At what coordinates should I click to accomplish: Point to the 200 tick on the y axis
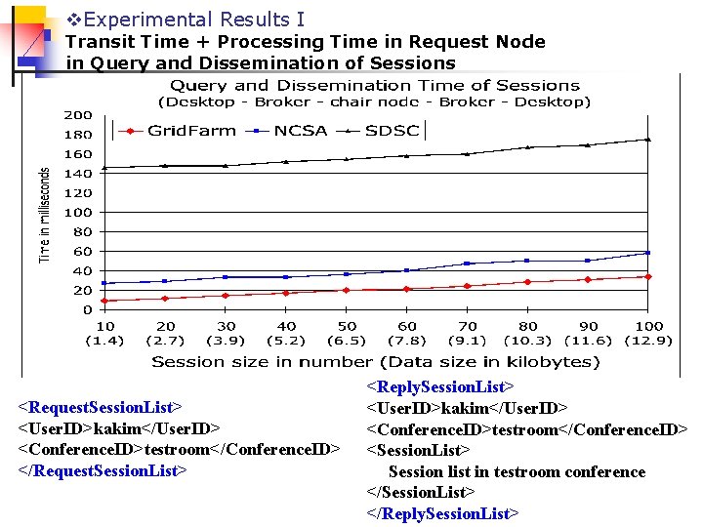[x=79, y=115]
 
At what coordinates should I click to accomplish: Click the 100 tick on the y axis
[x=79, y=213]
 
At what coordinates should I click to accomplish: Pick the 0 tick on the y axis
[x=87, y=310]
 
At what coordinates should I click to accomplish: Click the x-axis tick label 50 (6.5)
[x=347, y=333]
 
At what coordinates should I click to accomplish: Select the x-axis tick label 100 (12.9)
[x=648, y=333]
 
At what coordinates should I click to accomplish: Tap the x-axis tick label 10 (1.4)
[x=104, y=333]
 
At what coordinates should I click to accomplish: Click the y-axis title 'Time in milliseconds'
[x=44, y=214]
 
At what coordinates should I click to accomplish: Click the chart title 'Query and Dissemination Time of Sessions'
[x=375, y=86]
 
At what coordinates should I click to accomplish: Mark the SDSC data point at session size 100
[x=647, y=140]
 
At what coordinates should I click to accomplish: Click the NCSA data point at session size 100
[x=647, y=253]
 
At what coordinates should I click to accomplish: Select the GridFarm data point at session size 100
[x=647, y=276]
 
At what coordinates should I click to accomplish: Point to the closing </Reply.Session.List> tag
[x=442, y=513]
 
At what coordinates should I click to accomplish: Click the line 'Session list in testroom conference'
[x=517, y=471]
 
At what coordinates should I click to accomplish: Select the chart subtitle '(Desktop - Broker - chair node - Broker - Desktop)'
[x=375, y=101]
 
